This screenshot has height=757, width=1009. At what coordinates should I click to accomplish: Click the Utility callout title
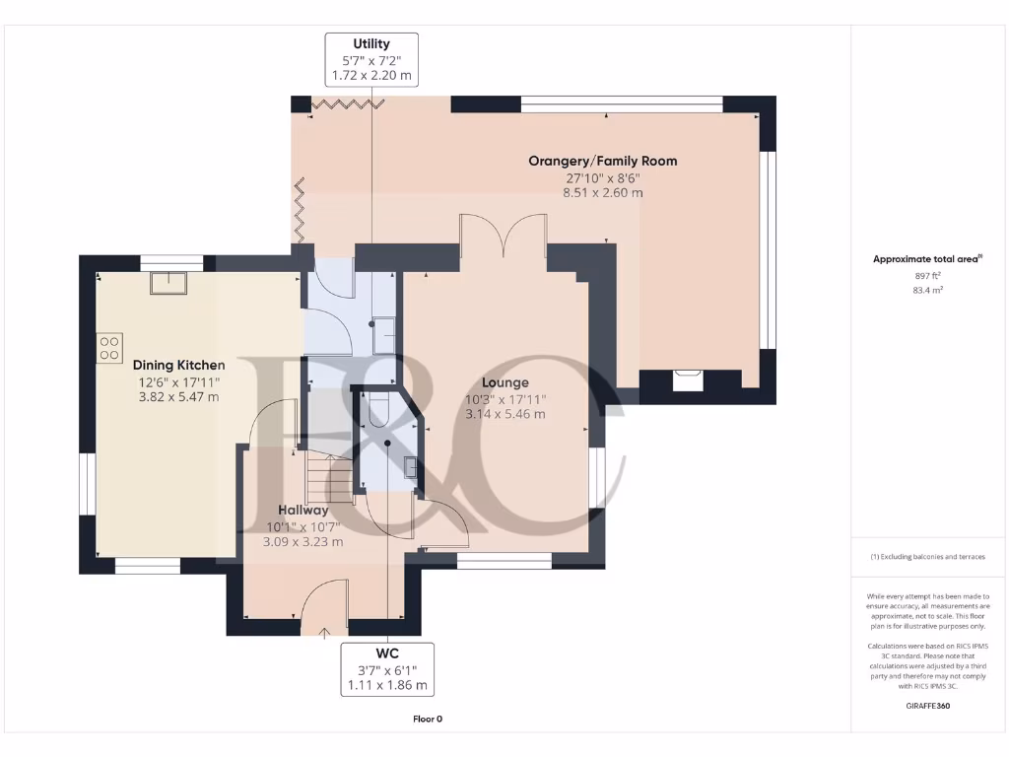pyautogui.click(x=371, y=43)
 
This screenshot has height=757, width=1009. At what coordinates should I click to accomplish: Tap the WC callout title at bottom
pyautogui.click(x=385, y=654)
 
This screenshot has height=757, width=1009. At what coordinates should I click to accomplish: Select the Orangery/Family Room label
pyautogui.click(x=602, y=161)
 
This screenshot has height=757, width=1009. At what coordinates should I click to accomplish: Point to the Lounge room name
pyautogui.click(x=504, y=382)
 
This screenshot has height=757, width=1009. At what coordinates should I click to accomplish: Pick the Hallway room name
pyautogui.click(x=303, y=511)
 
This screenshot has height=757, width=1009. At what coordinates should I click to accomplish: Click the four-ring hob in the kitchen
pyautogui.click(x=109, y=347)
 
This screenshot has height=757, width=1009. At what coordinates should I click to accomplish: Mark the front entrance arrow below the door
pyautogui.click(x=326, y=631)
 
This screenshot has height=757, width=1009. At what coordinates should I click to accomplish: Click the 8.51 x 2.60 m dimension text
pyautogui.click(x=602, y=193)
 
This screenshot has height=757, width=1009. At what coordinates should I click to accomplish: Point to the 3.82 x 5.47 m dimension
pyautogui.click(x=178, y=397)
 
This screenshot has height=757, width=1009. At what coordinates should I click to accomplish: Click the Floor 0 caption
pyautogui.click(x=428, y=719)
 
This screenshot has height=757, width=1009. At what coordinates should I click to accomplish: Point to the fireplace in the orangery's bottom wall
pyautogui.click(x=688, y=376)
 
